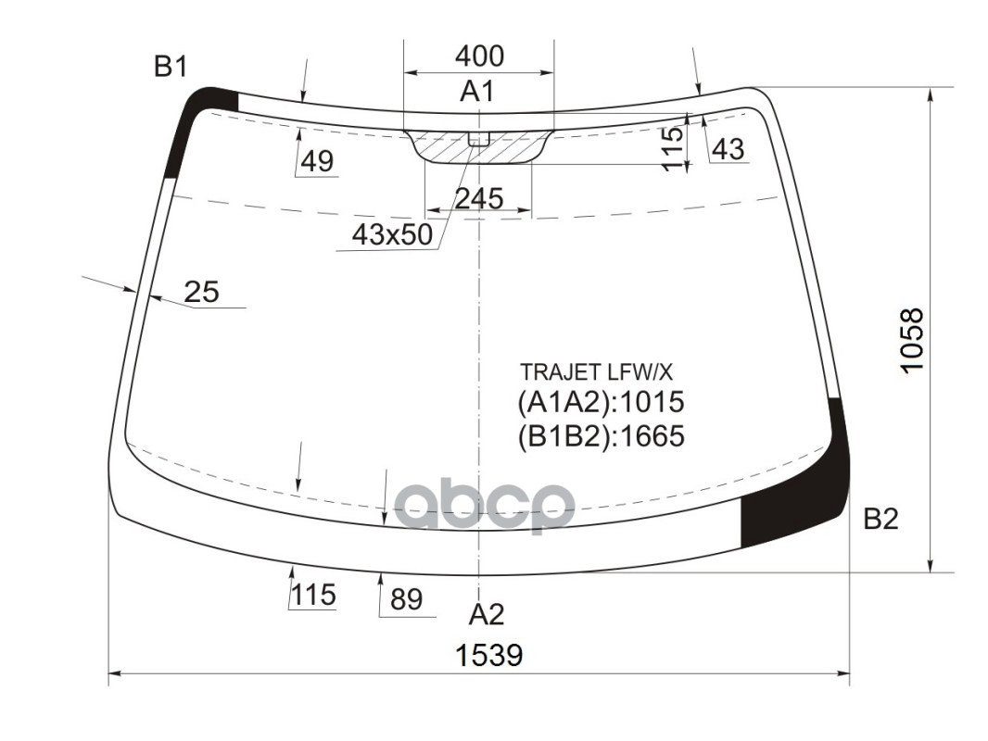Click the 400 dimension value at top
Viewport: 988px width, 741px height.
(479, 57)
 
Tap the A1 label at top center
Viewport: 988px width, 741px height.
(477, 91)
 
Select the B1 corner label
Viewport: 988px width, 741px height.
(171, 67)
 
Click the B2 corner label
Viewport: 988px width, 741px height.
(880, 520)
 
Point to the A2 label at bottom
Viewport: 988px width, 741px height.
(486, 614)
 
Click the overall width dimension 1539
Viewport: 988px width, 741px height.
(488, 656)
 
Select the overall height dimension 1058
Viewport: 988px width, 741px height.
(912, 340)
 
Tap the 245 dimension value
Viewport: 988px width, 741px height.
(479, 198)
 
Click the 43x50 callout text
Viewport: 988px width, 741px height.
(392, 235)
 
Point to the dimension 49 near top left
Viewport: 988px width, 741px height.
(317, 162)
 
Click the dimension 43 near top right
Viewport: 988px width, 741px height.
(729, 149)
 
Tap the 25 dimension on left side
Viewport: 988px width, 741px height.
(201, 293)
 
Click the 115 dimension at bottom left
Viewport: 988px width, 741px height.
(313, 595)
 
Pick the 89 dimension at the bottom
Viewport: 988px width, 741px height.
(406, 600)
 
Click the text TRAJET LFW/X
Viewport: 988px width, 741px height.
(596, 372)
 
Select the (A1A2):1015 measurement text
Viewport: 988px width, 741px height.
(600, 403)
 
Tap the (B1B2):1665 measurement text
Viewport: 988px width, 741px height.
(601, 435)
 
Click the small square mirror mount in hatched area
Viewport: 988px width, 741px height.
(478, 139)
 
